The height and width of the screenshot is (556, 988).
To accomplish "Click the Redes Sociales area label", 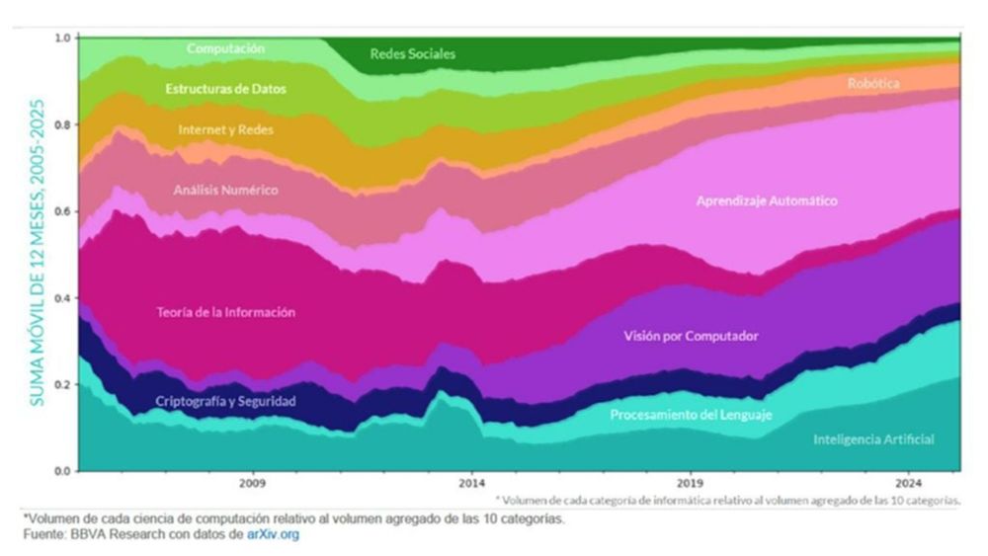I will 412,54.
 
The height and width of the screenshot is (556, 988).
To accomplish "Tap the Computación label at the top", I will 225,47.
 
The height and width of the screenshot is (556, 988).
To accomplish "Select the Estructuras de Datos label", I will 225,89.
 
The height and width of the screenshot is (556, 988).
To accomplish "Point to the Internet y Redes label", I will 225,129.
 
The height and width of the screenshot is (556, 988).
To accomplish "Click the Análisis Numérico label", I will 225,190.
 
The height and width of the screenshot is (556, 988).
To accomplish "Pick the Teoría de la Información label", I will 225,312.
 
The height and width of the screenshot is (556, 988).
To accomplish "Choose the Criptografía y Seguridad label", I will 225,402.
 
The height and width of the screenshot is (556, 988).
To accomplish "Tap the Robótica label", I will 873,84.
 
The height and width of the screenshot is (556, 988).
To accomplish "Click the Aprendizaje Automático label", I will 767,200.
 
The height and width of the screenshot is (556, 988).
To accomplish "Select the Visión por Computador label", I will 691,337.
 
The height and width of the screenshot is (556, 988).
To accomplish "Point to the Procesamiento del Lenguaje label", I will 691,415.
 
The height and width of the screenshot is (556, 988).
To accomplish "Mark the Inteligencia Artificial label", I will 872,439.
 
